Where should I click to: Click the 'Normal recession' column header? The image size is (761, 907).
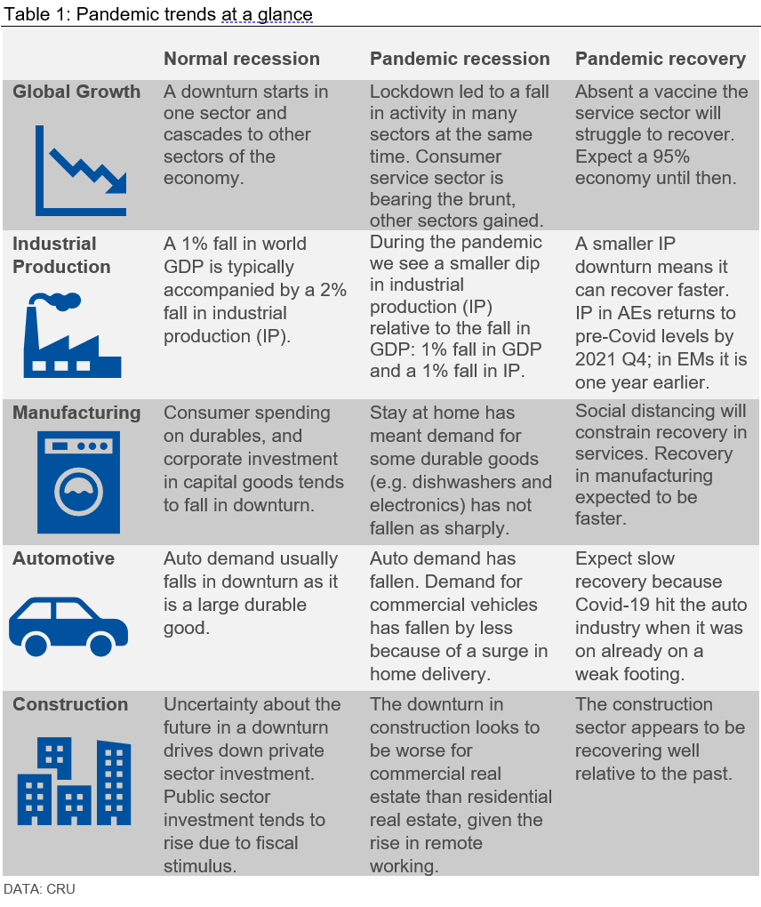click(241, 59)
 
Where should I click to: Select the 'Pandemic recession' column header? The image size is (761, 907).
click(460, 59)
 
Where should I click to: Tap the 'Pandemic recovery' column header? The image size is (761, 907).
click(661, 59)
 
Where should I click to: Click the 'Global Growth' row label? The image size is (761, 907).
click(76, 92)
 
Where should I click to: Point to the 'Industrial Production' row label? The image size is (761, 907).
click(62, 255)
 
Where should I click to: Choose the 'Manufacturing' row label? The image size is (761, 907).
click(76, 413)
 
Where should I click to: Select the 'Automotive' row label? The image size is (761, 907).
click(63, 558)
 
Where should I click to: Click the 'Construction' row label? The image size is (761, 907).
click(70, 704)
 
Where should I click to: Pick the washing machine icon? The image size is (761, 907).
click(79, 481)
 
